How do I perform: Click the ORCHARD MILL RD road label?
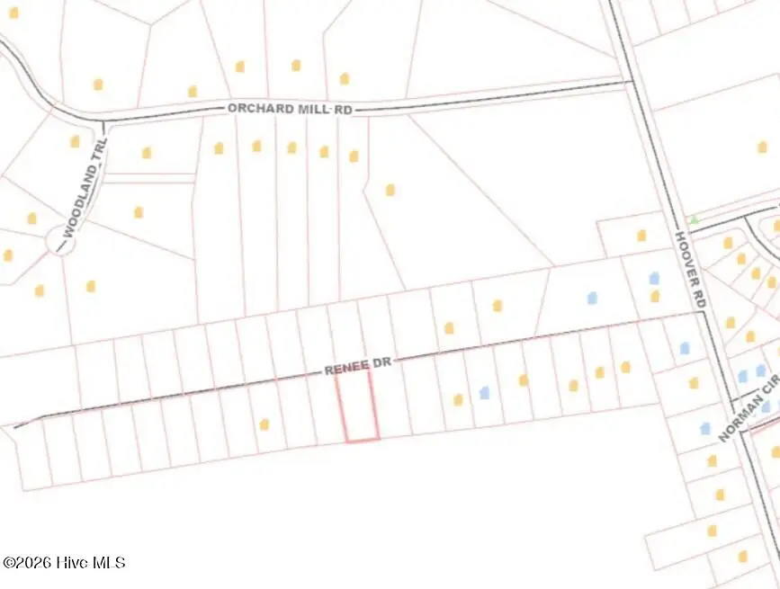pos(290,108)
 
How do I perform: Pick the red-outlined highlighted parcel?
pos(357,406)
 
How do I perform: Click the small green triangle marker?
pos(693,219)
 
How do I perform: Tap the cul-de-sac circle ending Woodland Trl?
pos(59,240)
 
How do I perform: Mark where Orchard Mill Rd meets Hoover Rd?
pos(629,83)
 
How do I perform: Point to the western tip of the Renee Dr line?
pos(15,426)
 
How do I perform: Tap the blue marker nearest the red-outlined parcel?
pos(484,393)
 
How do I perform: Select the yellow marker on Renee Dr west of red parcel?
pos(264,424)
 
